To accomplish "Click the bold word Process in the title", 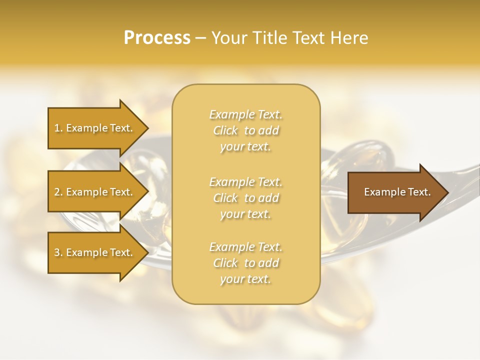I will [x=157, y=38].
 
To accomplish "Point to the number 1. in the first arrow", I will [x=58, y=128].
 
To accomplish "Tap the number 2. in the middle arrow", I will [x=58, y=192].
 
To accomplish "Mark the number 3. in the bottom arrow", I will [x=58, y=253].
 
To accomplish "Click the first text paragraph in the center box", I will [x=245, y=130].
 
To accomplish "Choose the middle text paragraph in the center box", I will [x=245, y=198].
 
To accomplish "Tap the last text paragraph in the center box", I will [x=245, y=263].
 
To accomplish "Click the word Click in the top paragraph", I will [x=225, y=131].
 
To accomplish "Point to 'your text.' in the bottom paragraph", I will [x=245, y=279].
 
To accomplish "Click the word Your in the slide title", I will [x=228, y=38].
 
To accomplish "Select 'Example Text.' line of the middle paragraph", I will [x=245, y=182].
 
